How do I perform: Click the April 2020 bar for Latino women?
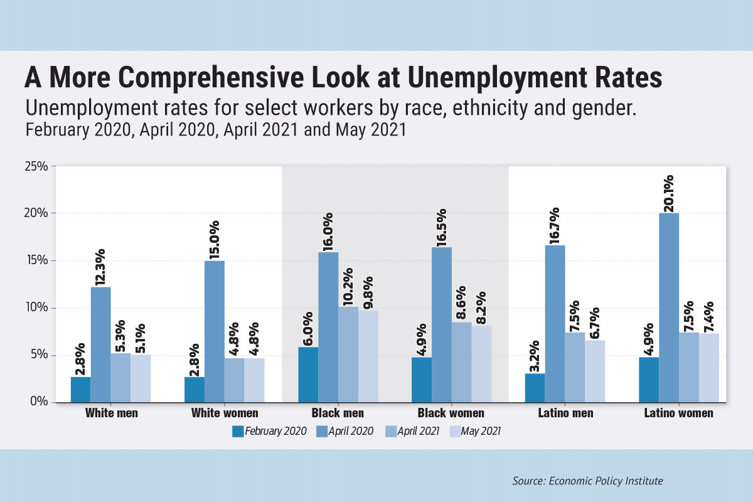click(x=669, y=307)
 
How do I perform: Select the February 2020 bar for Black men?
click(x=308, y=375)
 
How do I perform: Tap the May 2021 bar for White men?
click(x=141, y=378)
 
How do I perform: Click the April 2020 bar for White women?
click(x=215, y=331)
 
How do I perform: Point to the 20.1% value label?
click(x=669, y=193)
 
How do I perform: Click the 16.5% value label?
click(x=442, y=227)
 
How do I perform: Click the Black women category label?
click(x=451, y=414)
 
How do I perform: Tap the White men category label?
click(x=111, y=414)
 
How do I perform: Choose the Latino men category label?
click(x=565, y=414)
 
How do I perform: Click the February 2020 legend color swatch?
click(x=237, y=431)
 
